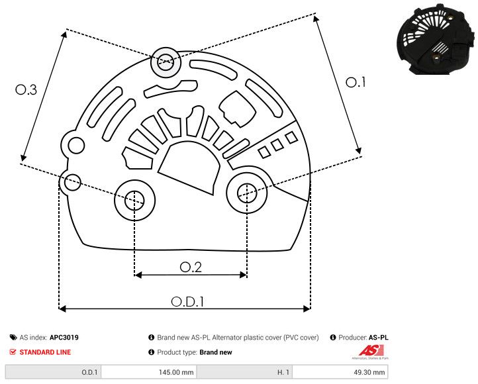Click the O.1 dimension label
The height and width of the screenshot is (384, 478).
coord(356,82)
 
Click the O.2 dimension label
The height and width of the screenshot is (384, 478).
coord(191,266)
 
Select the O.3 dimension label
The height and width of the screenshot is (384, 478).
coord(26,90)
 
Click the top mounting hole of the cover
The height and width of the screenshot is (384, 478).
coord(164,64)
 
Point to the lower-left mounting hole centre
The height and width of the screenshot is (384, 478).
coord(134,199)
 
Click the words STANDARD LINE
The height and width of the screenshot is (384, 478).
coord(45,352)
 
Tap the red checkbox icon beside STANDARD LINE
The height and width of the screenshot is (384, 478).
coord(13,352)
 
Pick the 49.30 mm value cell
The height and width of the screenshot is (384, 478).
coord(369,373)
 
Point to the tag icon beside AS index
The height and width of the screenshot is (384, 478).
coord(13,338)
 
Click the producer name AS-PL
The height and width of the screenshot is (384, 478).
coord(379,338)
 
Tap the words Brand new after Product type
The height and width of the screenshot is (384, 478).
coord(216,352)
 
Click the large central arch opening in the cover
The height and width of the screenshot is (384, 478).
coord(190,169)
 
